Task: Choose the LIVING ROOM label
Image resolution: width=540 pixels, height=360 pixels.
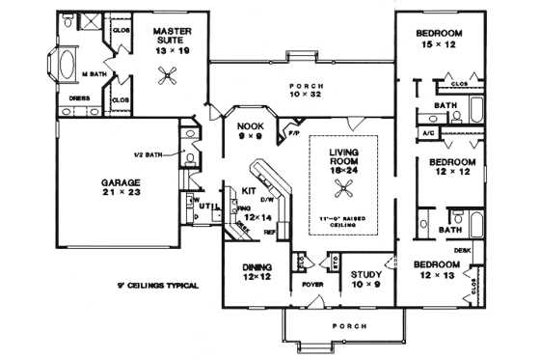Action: tap(342, 157)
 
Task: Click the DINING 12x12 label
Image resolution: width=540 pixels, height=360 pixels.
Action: tap(256, 272)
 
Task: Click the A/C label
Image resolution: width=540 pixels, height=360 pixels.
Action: tap(428, 130)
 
